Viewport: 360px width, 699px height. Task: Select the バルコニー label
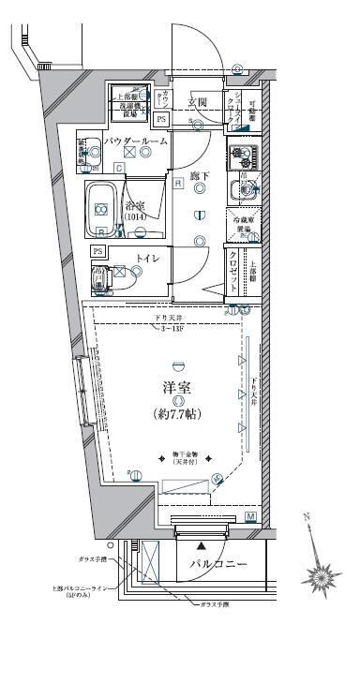[217, 565]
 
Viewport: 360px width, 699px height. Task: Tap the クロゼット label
[232, 268]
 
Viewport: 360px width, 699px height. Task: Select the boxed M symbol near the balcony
[250, 516]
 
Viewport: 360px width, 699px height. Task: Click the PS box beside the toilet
[98, 251]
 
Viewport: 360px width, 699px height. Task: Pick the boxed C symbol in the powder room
[118, 168]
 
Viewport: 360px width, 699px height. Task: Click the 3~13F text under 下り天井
[170, 329]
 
